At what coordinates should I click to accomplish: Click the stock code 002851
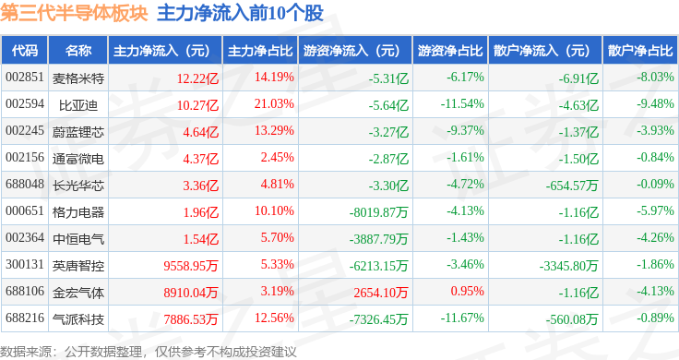coord(25,78)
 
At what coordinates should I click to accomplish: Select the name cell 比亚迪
coord(77,105)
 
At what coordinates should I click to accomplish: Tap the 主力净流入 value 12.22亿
coord(197,78)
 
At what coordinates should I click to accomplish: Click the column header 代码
coord(25,51)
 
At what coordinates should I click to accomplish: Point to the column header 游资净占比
coord(450,51)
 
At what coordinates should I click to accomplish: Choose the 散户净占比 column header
coord(640,51)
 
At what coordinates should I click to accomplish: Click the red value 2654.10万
coord(381,293)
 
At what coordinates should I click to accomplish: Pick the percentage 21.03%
coord(274,104)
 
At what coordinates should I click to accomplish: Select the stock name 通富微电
coord(77,159)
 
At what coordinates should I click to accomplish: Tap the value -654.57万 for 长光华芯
coord(572,186)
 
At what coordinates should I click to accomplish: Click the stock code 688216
coord(25,318)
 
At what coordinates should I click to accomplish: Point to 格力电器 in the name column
coord(77,212)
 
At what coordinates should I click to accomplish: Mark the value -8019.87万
coord(378,212)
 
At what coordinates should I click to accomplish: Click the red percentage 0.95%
coord(467,291)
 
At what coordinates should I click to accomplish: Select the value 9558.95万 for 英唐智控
coord(191,266)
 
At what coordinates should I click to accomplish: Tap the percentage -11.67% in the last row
coord(462,318)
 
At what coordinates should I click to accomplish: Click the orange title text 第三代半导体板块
coord(74,13)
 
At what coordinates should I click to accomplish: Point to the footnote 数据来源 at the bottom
coord(26,352)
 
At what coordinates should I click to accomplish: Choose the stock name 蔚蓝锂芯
coord(77,132)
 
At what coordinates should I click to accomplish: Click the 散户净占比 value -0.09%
coord(655,184)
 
